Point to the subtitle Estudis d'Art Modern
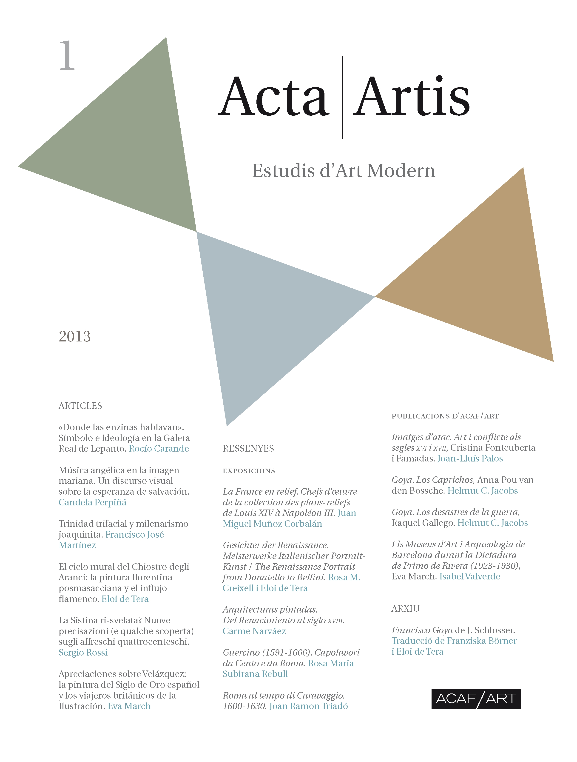[344, 171]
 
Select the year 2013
[75, 337]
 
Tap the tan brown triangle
[489, 286]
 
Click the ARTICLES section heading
[80, 406]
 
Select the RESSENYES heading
[248, 449]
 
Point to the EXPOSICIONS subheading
[249, 471]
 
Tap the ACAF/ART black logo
[476, 699]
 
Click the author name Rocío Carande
[159, 449]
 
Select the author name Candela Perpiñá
[92, 502]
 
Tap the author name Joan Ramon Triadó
[308, 706]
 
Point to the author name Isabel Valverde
[470, 576]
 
